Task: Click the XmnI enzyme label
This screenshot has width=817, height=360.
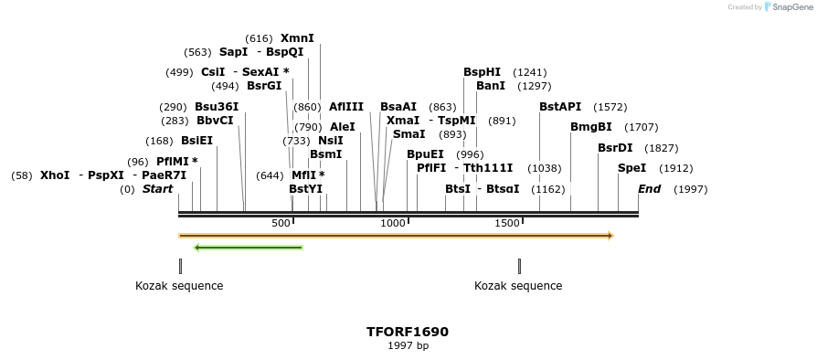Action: pos(297,38)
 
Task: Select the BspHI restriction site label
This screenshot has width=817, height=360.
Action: pos(482,72)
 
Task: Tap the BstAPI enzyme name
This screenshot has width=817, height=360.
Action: pos(559,107)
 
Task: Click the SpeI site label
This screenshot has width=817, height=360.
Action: pos(631,168)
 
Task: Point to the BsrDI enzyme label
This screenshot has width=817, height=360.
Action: pos(615,148)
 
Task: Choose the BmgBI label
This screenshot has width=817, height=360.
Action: pos(590,127)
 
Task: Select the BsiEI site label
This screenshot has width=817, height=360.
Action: pos(196,141)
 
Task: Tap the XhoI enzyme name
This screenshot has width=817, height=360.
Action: pos(55,175)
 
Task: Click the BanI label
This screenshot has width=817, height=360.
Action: pos(491,86)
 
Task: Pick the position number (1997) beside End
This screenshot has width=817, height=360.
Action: pos(690,189)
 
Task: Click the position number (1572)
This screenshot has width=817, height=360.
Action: pos(610,107)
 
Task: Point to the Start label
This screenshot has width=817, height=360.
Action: pos(157,189)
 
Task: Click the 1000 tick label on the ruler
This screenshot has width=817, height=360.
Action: pos(393,223)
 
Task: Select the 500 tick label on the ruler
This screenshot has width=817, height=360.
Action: pos(281,223)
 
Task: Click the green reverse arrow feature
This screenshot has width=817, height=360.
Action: pos(249,247)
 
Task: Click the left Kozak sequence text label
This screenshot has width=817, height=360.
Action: pos(179,286)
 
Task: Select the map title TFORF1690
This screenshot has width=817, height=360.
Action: pos(408,332)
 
